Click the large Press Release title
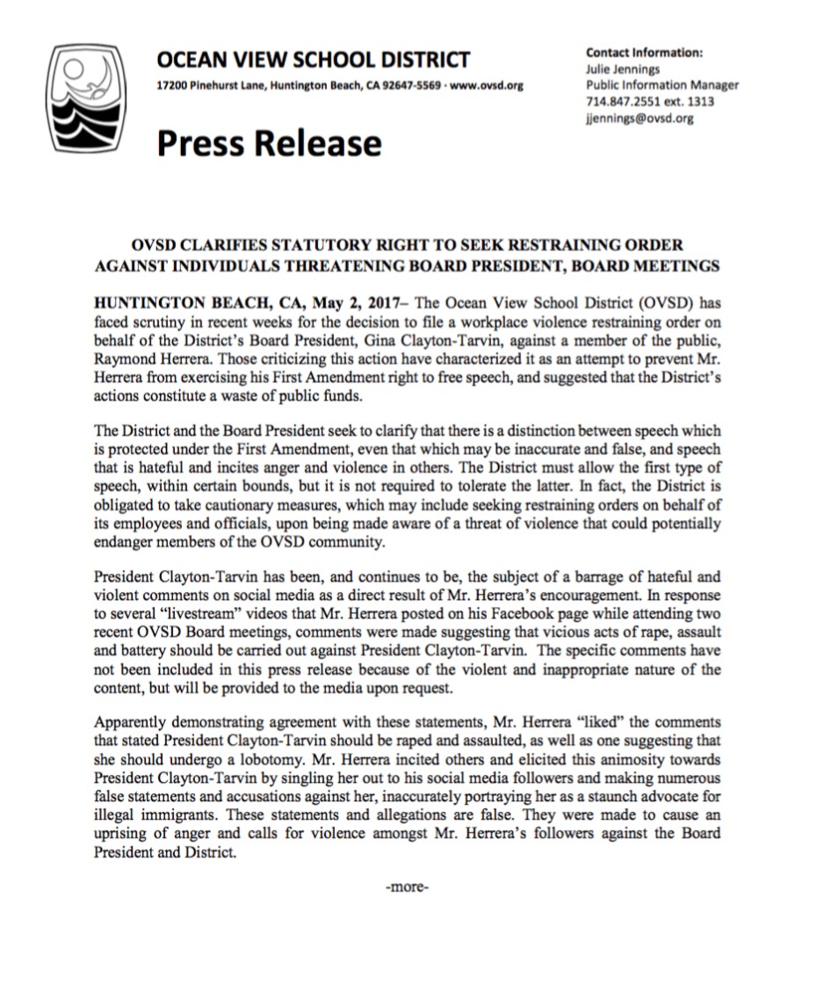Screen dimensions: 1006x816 (269, 142)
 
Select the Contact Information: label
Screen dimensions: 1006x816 (644, 53)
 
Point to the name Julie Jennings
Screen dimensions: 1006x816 (623, 69)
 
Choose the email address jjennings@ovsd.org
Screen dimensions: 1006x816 (639, 119)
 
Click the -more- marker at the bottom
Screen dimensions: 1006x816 (408, 887)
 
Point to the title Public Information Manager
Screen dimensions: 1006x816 (662, 85)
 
